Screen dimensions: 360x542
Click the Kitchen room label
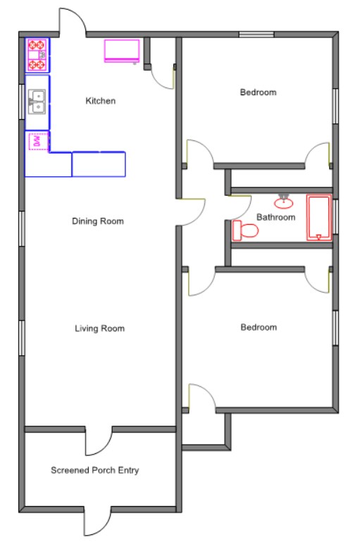[101, 101]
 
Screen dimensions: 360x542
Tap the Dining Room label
[98, 221]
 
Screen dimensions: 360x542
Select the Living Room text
[99, 328]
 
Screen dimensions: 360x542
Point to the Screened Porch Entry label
[94, 470]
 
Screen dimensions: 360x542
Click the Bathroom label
[275, 217]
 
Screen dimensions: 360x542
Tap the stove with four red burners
[37, 55]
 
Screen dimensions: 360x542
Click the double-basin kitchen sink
[37, 102]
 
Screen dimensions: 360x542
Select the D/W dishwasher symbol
[37, 141]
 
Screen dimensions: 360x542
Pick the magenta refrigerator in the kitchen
[122, 51]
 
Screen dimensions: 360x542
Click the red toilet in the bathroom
[245, 230]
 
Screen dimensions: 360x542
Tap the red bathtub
[319, 217]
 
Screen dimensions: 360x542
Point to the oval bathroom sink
[284, 202]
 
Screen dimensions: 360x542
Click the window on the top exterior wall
[256, 35]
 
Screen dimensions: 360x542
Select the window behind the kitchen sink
[22, 102]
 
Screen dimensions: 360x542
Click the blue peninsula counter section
[99, 164]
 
